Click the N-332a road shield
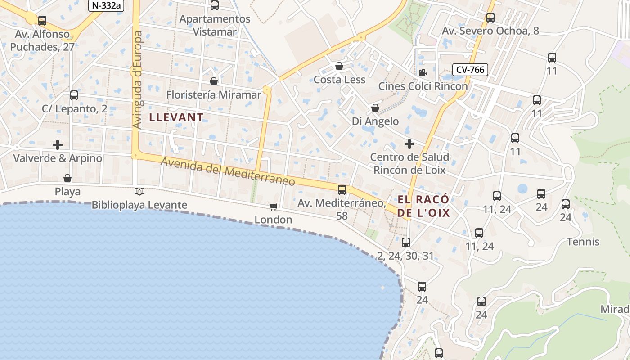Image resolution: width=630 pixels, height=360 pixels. click(106, 5)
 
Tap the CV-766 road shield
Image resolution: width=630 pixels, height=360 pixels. click(470, 70)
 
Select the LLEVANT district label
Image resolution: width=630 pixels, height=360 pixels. click(176, 117)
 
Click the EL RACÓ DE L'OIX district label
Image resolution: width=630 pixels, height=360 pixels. click(423, 206)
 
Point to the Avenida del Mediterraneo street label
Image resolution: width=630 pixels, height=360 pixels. click(228, 172)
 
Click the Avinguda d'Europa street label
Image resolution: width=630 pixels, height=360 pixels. click(138, 80)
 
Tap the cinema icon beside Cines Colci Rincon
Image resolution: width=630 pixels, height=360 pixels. click(423, 73)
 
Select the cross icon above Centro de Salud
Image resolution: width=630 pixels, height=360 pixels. click(409, 144)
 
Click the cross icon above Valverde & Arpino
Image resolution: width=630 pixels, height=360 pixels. click(58, 145)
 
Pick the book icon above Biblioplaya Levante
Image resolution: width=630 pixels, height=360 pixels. click(139, 192)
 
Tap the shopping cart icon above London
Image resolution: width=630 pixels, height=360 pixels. click(273, 207)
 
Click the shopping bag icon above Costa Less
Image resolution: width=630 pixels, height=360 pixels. click(339, 67)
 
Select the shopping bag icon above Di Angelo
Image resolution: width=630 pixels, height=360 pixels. click(375, 108)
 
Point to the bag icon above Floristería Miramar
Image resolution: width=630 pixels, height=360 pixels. click(214, 81)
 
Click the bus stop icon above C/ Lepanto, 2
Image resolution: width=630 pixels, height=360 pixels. click(74, 95)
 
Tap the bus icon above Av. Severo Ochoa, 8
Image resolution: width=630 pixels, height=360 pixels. click(490, 18)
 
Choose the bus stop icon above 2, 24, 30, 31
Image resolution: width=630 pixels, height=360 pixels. click(406, 243)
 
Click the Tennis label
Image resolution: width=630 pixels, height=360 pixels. click(583, 242)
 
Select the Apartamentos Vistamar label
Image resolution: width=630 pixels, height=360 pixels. click(215, 25)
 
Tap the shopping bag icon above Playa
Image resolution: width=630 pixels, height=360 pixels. click(67, 178)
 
